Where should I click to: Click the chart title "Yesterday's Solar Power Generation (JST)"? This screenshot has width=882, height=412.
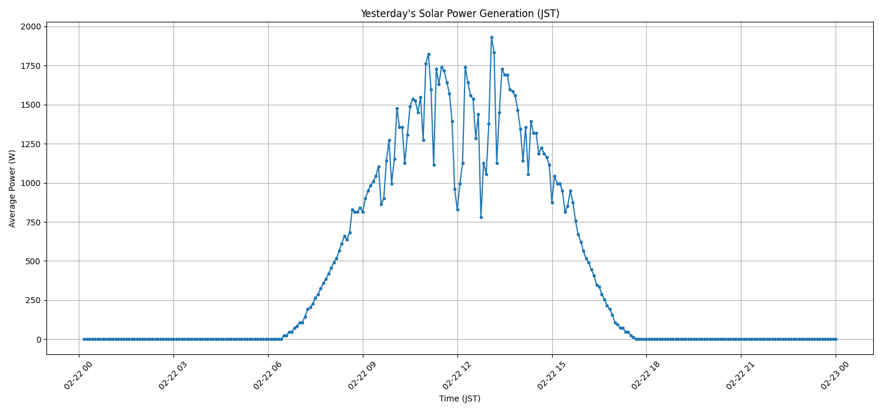click(x=459, y=14)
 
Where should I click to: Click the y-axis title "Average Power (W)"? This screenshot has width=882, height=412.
click(x=12, y=188)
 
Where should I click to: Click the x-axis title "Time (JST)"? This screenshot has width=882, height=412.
click(x=459, y=398)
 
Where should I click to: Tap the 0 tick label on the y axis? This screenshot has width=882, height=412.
click(x=38, y=340)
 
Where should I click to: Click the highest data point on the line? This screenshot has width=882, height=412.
click(x=492, y=37)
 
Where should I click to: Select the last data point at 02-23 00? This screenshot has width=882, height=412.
click(x=836, y=339)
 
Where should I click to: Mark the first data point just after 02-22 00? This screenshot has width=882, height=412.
click(x=84, y=339)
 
